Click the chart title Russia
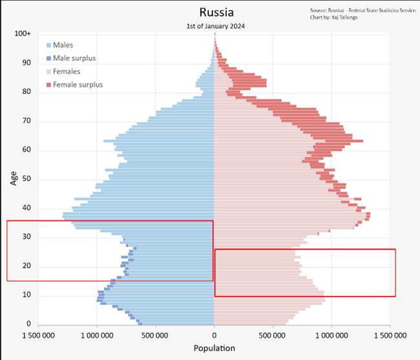tap(216, 12)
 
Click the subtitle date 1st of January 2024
tap(216, 26)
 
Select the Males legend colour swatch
tap(49, 45)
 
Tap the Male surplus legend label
tap(74, 58)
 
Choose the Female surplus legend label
tap(78, 85)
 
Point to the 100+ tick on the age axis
tap(23, 34)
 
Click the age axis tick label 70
tap(26, 121)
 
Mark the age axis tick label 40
tap(26, 208)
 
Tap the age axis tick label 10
tap(26, 295)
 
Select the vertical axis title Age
tap(13, 178)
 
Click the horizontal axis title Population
tap(215, 348)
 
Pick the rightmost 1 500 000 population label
tap(390, 335)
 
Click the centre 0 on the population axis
tap(215, 335)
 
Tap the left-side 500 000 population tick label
tap(156, 335)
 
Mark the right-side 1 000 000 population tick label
tap(331, 335)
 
